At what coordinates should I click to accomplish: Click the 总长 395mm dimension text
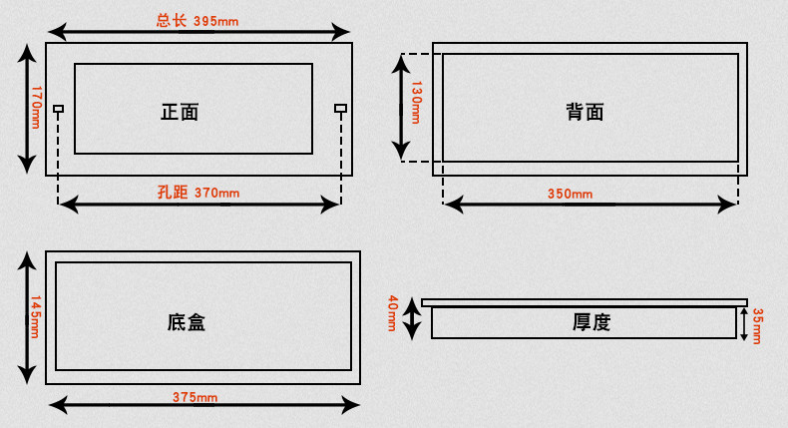pyautogui.click(x=197, y=20)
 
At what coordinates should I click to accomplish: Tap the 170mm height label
pyautogui.click(x=36, y=107)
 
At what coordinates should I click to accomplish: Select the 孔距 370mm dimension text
pyautogui.click(x=198, y=192)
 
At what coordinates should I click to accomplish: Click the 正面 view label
pyautogui.click(x=180, y=112)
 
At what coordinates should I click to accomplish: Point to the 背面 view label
pyautogui.click(x=586, y=112)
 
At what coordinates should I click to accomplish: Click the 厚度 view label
pyautogui.click(x=591, y=322)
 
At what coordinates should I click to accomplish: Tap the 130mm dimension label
pyautogui.click(x=417, y=102)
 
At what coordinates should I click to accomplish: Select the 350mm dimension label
pyautogui.click(x=570, y=194)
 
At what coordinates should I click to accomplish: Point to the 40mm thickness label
pyautogui.click(x=393, y=314)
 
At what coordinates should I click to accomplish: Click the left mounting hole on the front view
pyautogui.click(x=59, y=108)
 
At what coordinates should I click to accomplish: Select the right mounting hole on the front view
pyautogui.click(x=340, y=108)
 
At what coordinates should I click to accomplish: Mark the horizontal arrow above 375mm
pyautogui.click(x=204, y=405)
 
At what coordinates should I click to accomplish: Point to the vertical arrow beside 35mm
pyautogui.click(x=743, y=323)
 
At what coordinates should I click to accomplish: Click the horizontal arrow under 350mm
pyautogui.click(x=591, y=204)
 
